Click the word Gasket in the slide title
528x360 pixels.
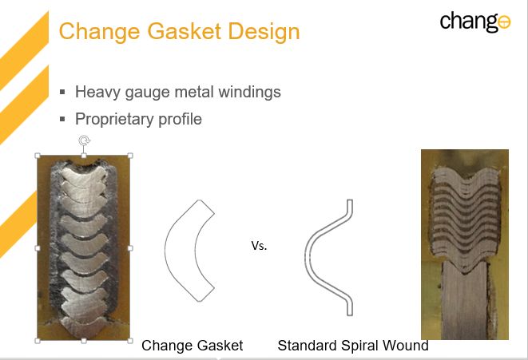[x=184, y=31]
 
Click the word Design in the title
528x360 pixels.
[x=264, y=31]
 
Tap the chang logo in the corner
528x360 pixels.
[x=475, y=22]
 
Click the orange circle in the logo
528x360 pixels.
[x=504, y=22]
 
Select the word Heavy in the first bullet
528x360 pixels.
[x=97, y=92]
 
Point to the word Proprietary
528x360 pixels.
[x=114, y=119]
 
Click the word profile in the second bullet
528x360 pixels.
[x=180, y=119]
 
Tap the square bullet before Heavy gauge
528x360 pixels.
[x=62, y=92]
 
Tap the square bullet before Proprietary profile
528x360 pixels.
[x=62, y=119]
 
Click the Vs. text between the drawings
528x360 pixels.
[x=259, y=246]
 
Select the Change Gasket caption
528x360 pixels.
[x=192, y=346]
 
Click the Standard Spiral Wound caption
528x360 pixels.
[x=353, y=346]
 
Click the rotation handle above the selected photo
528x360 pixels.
[x=84, y=140]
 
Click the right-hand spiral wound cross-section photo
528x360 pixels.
[x=465, y=244]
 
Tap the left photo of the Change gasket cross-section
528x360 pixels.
[x=84, y=248]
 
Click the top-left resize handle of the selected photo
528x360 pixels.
[x=38, y=156]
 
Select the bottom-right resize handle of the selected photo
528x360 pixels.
[x=130, y=341]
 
